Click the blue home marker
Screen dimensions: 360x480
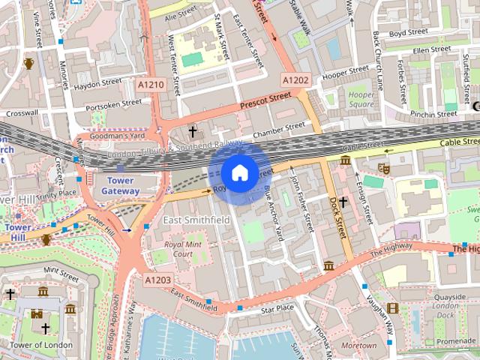click(238, 173)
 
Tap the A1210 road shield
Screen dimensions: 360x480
click(151, 85)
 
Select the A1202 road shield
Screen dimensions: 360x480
click(295, 79)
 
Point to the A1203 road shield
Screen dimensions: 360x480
click(158, 280)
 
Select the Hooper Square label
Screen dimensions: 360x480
click(361, 100)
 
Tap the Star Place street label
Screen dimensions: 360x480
click(277, 308)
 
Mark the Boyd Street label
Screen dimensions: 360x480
click(408, 33)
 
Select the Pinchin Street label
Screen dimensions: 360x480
click(433, 114)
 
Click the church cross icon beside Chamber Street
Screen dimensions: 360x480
click(192, 132)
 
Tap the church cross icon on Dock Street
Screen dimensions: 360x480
click(343, 202)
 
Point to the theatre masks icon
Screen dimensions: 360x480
click(383, 169)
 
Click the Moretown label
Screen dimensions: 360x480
click(358, 346)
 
